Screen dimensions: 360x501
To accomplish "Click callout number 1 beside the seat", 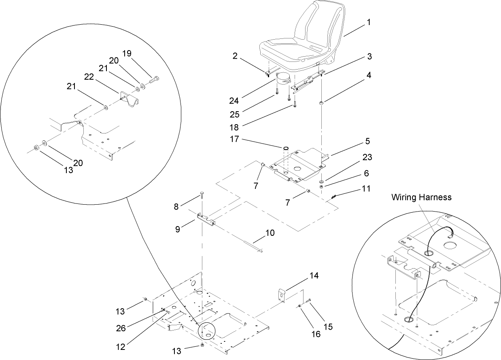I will tap(369, 23).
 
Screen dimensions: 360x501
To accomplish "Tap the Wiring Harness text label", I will tap(421, 197).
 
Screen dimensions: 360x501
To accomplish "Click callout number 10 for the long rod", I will tap(270, 233).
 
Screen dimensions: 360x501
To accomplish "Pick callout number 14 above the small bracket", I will tap(314, 276).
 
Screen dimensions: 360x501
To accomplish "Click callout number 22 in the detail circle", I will tap(89, 76).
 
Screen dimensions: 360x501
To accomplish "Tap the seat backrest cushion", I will tap(320, 24).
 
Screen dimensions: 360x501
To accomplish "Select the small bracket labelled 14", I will tap(282, 295).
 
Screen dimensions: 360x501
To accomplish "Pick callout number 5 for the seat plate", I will tap(367, 141).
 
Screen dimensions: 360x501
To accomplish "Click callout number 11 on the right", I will tap(366, 188).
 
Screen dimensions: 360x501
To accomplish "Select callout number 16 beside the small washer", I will tap(316, 334).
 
